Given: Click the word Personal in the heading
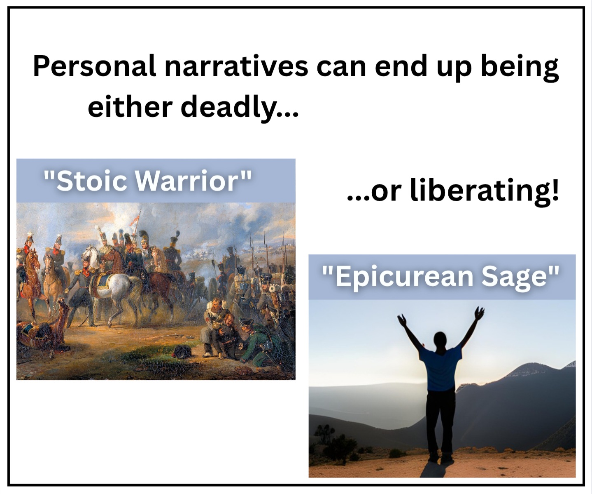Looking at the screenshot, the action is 94,66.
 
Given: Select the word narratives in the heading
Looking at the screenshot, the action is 236,66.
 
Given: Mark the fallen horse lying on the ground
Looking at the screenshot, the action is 42,331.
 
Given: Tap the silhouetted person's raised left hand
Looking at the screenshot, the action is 402,319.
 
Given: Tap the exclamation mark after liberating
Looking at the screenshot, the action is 555,189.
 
